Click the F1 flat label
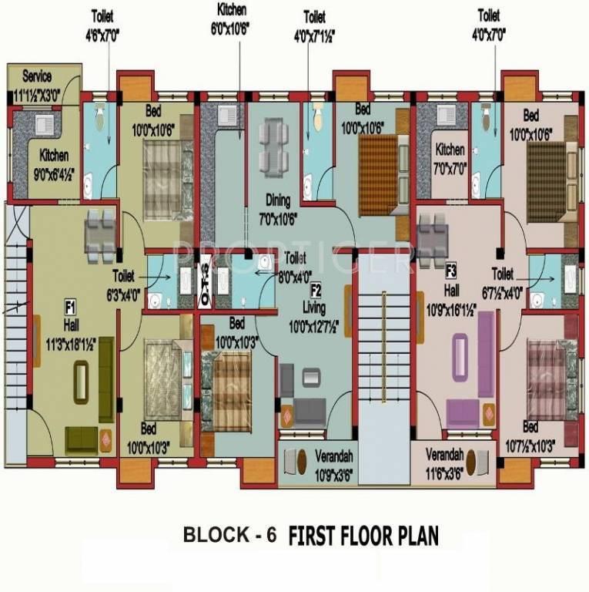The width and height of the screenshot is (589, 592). click(x=69, y=307)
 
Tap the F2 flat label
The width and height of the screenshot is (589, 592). click(x=316, y=290)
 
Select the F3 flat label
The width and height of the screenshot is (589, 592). click(x=451, y=270)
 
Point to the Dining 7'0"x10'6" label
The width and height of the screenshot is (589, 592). click(x=278, y=207)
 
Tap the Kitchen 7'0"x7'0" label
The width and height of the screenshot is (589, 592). click(x=450, y=156)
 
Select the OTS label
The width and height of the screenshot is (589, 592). click(x=205, y=275)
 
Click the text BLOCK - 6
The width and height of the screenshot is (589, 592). click(x=229, y=535)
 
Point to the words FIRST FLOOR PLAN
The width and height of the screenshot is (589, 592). click(x=363, y=535)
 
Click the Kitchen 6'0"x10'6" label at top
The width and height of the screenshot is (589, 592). click(x=238, y=16)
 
